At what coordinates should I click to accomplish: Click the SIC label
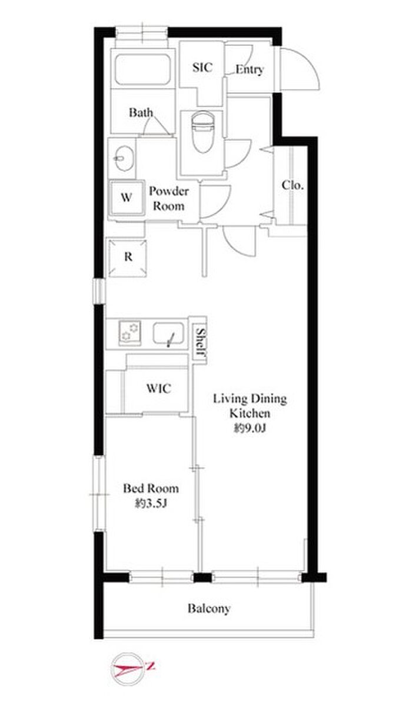tap(202, 68)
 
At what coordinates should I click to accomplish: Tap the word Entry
tap(250, 69)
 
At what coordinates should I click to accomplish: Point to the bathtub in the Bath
tap(142, 70)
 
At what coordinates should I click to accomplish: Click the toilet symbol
tap(202, 132)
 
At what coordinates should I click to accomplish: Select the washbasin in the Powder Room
tap(124, 158)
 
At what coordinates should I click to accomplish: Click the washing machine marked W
tap(127, 198)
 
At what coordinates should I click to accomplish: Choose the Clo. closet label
tap(293, 185)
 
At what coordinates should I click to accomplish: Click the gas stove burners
tap(129, 332)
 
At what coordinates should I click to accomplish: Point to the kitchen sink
tap(168, 333)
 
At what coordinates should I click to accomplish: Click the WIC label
tap(159, 389)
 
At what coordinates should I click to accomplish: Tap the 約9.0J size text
tap(250, 429)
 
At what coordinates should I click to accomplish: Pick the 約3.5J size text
tap(151, 504)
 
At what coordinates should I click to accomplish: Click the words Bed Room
tap(151, 489)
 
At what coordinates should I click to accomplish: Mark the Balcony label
tap(209, 609)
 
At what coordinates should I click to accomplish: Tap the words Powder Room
tap(169, 199)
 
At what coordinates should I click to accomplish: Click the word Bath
tap(141, 112)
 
